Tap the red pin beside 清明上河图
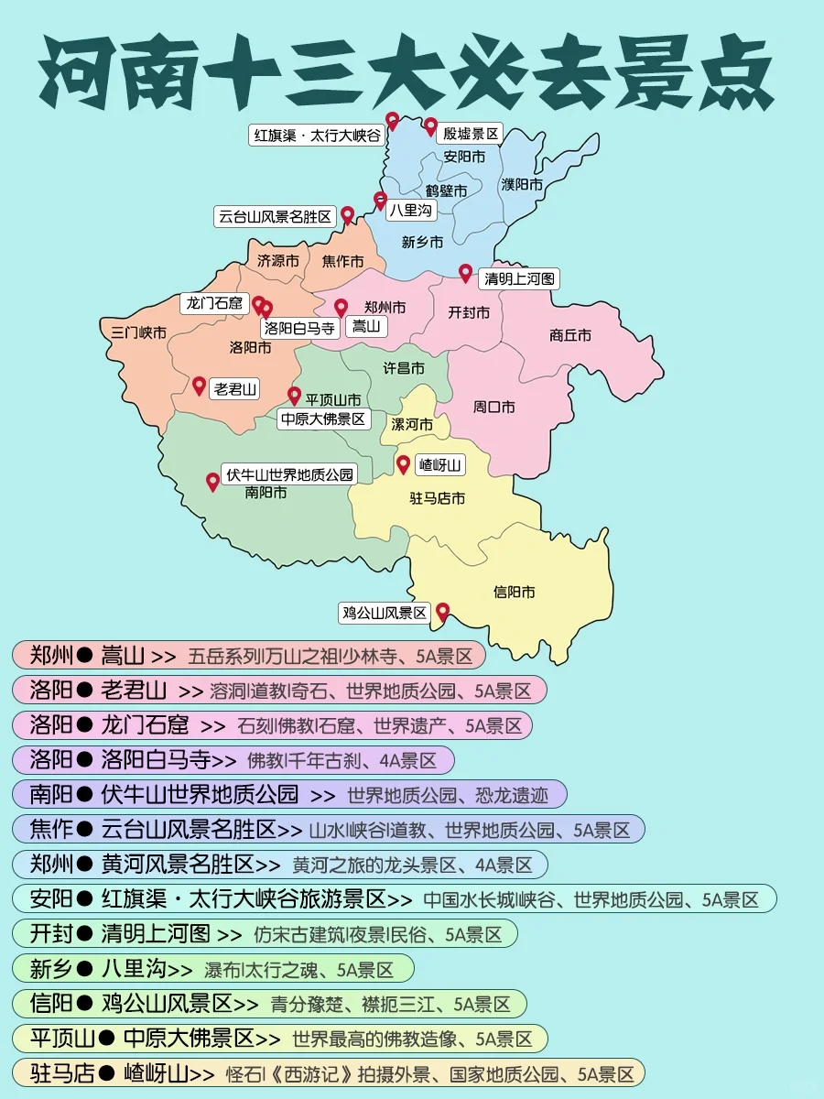tap(465, 273)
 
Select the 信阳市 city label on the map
tap(514, 592)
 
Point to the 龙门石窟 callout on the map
tap(214, 303)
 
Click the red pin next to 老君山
tap(199, 385)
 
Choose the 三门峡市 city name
tap(138, 332)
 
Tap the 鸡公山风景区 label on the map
tap(385, 613)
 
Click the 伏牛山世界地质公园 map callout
tap(288, 473)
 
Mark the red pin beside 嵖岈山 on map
tap(403, 464)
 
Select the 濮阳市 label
tap(522, 184)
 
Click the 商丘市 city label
tap(570, 335)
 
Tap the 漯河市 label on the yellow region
tap(412, 424)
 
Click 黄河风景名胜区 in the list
tap(178, 864)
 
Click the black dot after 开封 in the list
tap(85, 933)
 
